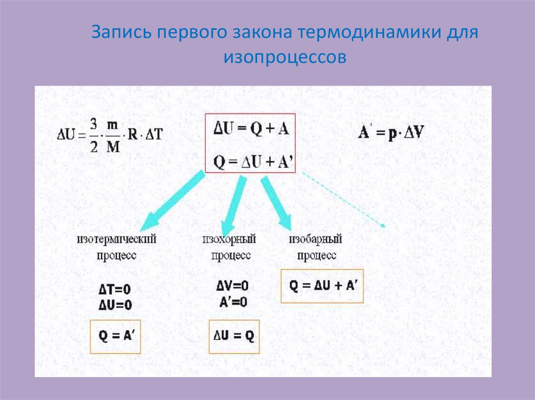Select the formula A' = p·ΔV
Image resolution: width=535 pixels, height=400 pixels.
tap(391, 132)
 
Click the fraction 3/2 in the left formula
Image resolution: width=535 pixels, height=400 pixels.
tap(94, 134)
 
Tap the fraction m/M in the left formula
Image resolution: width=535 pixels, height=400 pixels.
tap(113, 134)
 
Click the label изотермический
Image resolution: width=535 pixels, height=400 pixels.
tap(117, 240)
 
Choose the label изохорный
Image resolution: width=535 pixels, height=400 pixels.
tap(229, 240)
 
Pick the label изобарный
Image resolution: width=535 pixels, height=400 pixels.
tap(316, 240)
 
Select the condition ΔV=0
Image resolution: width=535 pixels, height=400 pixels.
tap(231, 286)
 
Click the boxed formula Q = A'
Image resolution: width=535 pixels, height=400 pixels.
tap(115, 337)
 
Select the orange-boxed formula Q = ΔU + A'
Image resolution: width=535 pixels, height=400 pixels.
tap(322, 286)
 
